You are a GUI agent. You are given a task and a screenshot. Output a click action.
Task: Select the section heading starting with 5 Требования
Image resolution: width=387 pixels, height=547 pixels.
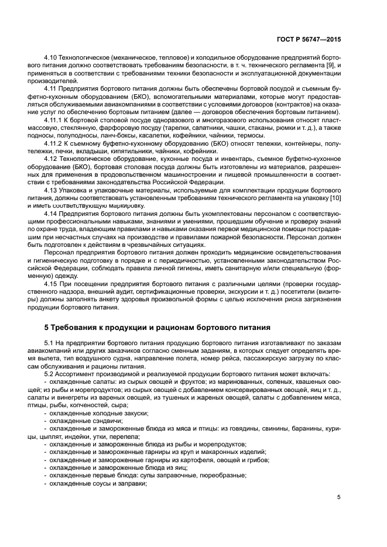coord(157,326)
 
